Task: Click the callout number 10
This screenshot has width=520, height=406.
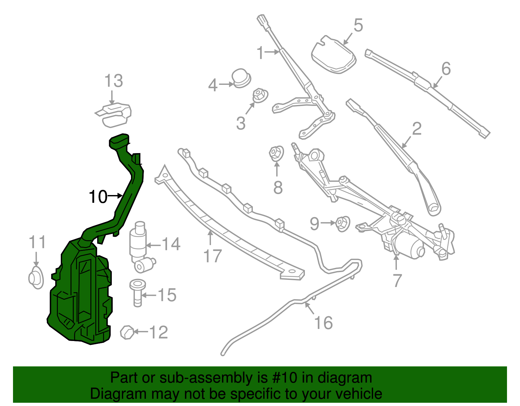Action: point(98,197)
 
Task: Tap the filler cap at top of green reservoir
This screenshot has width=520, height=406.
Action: point(119,141)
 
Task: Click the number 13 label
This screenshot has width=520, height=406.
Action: point(114,81)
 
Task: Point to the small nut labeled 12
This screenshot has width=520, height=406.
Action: point(127,332)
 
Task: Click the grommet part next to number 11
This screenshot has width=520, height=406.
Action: point(35,278)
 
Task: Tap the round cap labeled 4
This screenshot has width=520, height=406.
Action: point(241,78)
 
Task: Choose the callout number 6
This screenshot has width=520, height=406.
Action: point(446,69)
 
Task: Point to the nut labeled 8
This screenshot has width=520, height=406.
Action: point(277,153)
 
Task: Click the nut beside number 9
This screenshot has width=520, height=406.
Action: point(342,224)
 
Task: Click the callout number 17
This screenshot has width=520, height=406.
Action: point(213,256)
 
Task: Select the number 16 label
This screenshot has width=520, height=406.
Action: point(323,323)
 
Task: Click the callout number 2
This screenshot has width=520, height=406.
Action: point(417,129)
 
